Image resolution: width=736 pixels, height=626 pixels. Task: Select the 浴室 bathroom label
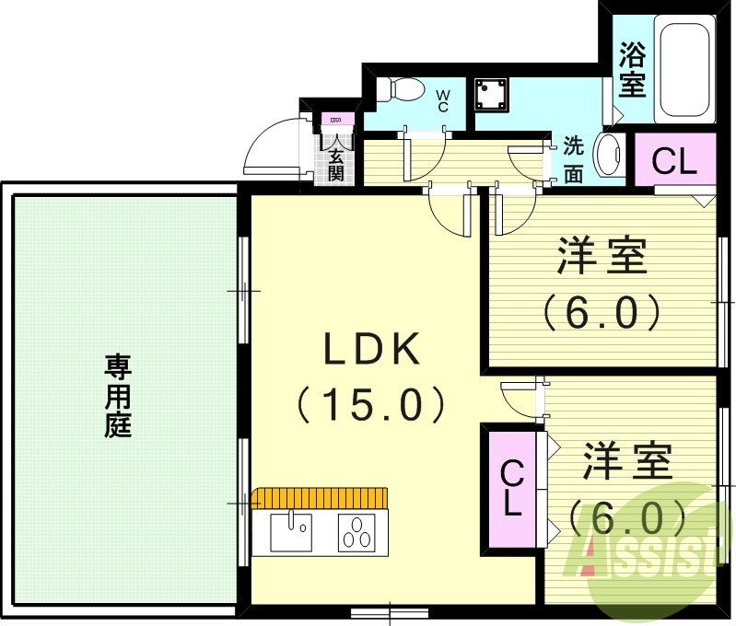631,68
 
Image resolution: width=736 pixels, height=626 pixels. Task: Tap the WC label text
442,99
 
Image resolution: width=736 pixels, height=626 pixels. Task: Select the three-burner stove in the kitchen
357,532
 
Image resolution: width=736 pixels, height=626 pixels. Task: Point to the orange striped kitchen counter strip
320,498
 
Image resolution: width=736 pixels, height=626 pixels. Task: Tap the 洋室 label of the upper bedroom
602,259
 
